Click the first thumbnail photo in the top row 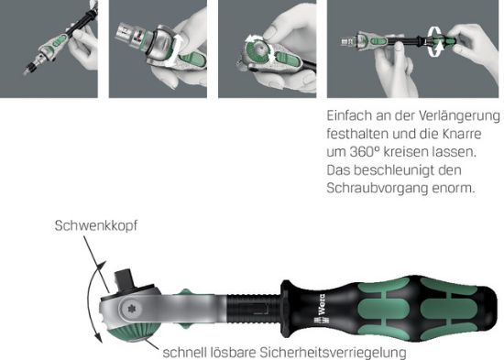pyautogui.click(x=49, y=49)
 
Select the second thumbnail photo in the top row pyautogui.click(x=157, y=49)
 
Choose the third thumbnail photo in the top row pyautogui.click(x=266, y=49)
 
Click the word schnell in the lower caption pyautogui.click(x=185, y=352)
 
